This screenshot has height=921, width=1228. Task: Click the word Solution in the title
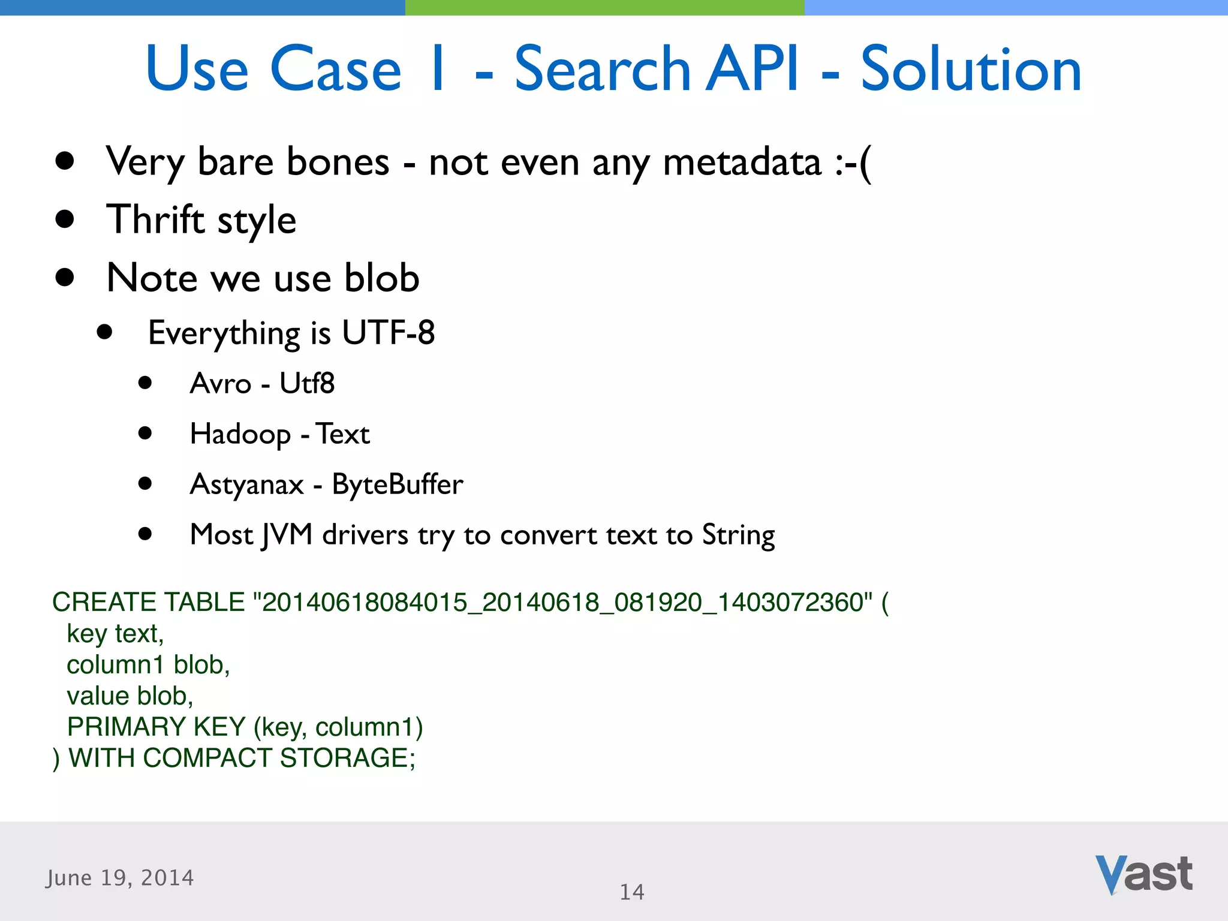pos(971,70)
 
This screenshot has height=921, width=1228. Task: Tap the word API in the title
pos(752,70)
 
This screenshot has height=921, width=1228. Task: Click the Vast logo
pos(1143,875)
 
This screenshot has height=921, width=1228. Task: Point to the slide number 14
pos(631,892)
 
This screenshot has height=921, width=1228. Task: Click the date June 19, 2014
pos(120,878)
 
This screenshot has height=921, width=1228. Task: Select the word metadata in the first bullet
pos(742,162)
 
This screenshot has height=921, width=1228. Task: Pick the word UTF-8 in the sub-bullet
pos(388,333)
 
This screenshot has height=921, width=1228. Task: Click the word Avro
pos(220,384)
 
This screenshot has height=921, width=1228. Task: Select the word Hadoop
pos(240,435)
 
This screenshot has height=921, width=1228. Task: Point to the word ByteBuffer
pos(398,484)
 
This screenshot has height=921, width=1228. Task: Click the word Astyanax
pos(247,485)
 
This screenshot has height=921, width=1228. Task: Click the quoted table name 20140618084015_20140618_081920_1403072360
pos(563,602)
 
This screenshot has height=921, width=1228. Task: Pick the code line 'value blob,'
pos(130,696)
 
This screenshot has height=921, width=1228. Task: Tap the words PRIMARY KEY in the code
pos(156,727)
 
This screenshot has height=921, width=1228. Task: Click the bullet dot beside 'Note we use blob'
pos(64,278)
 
